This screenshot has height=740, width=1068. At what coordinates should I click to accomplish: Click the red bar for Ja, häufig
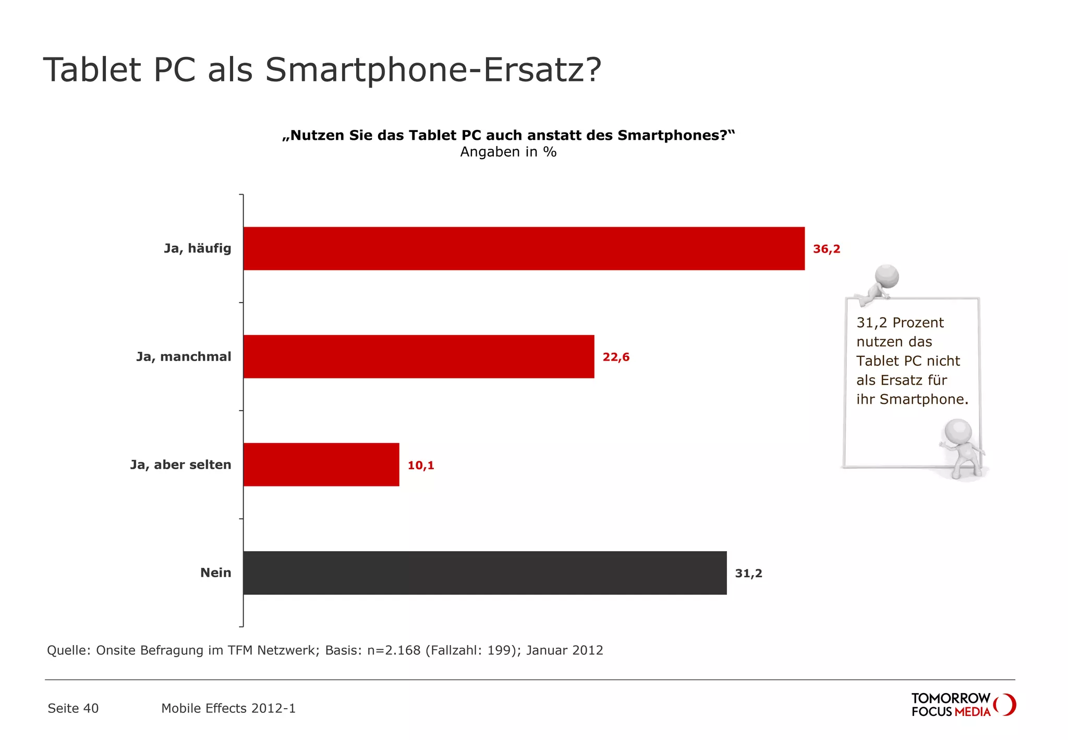click(524, 248)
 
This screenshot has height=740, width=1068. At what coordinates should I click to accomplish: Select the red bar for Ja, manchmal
click(418, 356)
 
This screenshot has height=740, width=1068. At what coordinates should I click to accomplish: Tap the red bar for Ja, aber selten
click(321, 464)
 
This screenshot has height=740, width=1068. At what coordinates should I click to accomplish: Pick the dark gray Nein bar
click(484, 572)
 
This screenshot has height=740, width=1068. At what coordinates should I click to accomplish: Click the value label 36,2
click(827, 249)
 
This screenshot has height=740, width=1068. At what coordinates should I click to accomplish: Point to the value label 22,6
click(616, 357)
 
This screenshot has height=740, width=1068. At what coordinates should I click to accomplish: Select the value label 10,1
click(420, 465)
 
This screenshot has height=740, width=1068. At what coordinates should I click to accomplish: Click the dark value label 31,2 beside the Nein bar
click(748, 573)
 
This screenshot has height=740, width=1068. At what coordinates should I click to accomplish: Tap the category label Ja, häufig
click(197, 248)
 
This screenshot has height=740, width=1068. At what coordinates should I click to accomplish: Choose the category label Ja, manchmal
click(184, 356)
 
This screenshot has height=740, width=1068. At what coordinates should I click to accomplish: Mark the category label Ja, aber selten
click(180, 464)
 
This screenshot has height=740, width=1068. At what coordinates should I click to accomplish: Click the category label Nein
click(215, 572)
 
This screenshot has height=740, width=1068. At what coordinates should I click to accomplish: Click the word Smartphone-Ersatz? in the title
click(433, 69)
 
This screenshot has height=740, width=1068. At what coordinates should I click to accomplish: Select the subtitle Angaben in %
click(508, 152)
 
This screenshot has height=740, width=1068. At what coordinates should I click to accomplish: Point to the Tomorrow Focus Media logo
click(963, 705)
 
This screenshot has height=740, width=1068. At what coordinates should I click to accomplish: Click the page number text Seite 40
click(73, 708)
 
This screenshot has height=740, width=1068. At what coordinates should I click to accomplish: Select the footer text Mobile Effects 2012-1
click(228, 708)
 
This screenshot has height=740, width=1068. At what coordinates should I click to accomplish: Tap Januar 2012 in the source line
click(564, 650)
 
